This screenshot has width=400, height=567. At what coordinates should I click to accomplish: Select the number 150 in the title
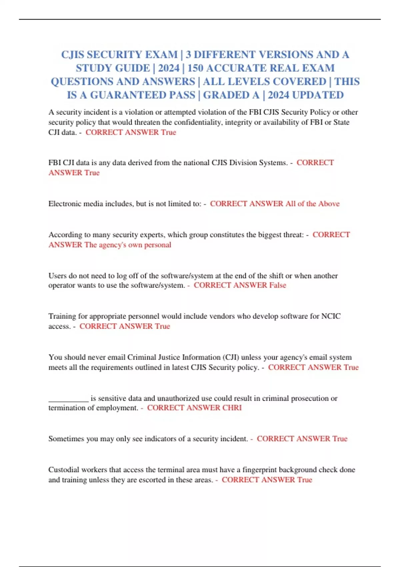click(x=195, y=68)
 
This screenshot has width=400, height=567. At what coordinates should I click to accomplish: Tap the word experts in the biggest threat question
click(x=152, y=235)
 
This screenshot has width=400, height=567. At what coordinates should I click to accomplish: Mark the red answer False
click(x=278, y=286)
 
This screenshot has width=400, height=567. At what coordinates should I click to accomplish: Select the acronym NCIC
click(x=331, y=316)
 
